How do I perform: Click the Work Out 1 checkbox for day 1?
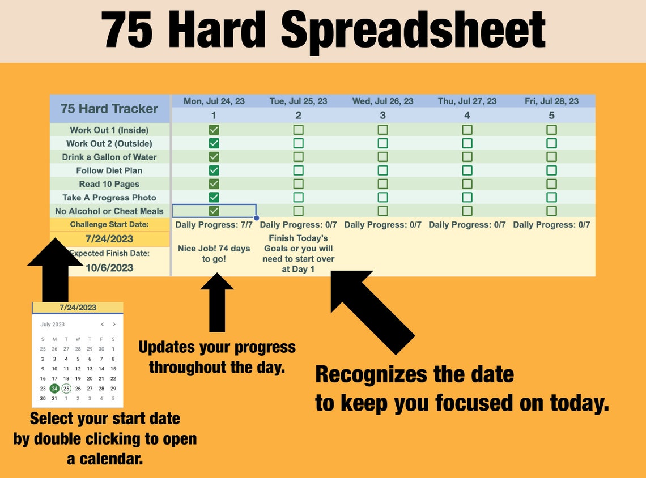tap(214, 130)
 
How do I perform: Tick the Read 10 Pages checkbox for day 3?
tap(382, 184)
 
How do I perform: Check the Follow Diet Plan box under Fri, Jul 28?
tap(551, 170)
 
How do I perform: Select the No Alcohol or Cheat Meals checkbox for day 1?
tap(214, 211)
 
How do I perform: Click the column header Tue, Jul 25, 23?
tap(298, 101)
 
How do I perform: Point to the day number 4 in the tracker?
tap(467, 116)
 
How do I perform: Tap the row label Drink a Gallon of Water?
tap(109, 157)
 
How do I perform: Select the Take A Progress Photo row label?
tap(109, 198)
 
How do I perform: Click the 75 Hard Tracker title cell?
tap(109, 109)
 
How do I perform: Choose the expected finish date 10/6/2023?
tap(109, 268)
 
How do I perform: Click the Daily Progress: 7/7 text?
tap(214, 225)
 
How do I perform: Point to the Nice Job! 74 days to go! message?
tap(214, 254)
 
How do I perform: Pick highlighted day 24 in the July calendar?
tap(54, 389)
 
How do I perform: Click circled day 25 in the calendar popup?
tap(66, 389)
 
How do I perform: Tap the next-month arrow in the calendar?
tap(114, 325)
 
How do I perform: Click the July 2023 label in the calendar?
tap(53, 325)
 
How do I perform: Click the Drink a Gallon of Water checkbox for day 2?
tap(298, 157)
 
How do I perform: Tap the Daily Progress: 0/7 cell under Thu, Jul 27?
tap(467, 225)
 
